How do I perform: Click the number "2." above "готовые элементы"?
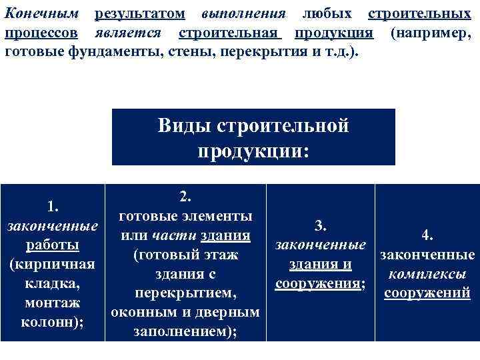click(185, 197)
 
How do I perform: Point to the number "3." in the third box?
click(320, 226)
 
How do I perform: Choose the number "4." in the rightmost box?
click(427, 235)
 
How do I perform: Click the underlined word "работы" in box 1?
click(53, 245)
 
